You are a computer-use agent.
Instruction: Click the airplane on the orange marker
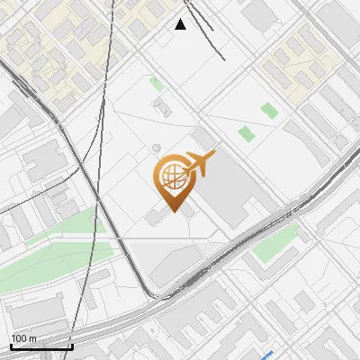[201, 164]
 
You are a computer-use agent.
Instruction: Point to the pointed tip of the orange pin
[172, 211]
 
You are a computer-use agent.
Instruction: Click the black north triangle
[181, 24]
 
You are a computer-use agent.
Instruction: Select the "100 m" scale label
[23, 338]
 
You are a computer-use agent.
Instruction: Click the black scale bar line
[41, 346]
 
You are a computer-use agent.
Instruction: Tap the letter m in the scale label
[32, 338]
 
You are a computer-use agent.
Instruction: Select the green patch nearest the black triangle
[157, 85]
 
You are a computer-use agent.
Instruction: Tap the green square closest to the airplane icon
[247, 134]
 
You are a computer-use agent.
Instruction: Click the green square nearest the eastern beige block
[267, 111]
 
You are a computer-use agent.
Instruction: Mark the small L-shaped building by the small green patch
[163, 108]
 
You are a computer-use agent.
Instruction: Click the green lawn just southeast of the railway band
[275, 241]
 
